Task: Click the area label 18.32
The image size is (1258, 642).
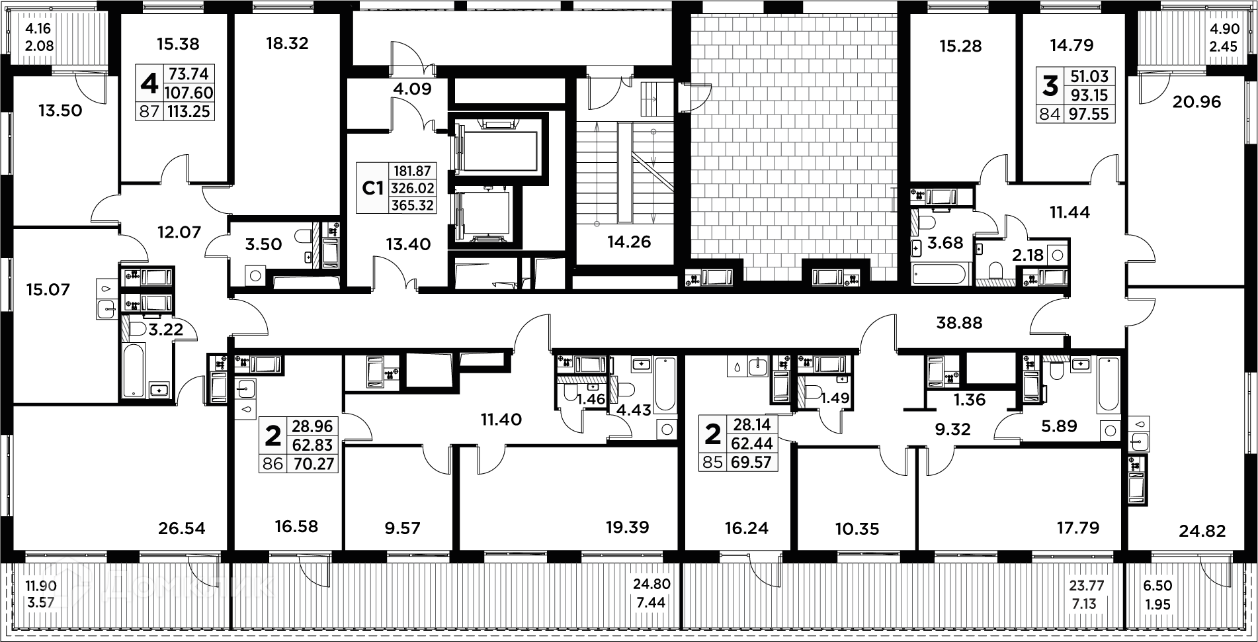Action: pyautogui.click(x=287, y=44)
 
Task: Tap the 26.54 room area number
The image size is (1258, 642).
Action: pyautogui.click(x=182, y=528)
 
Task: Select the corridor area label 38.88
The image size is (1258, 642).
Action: pyautogui.click(x=960, y=323)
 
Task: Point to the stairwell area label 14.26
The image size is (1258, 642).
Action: pyautogui.click(x=629, y=242)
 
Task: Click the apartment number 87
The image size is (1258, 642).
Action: pyautogui.click(x=149, y=111)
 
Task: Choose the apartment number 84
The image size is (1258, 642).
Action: pyautogui.click(x=1049, y=114)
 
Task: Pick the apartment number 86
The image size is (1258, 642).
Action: pyautogui.click(x=273, y=463)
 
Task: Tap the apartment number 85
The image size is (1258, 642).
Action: pyautogui.click(x=712, y=462)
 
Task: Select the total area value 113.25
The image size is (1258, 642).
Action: pyautogui.click(x=189, y=111)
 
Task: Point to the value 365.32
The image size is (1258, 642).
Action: pyautogui.click(x=413, y=205)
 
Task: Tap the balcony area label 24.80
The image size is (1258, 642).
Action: pyautogui.click(x=651, y=584)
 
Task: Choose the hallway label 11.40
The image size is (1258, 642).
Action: pyautogui.click(x=501, y=419)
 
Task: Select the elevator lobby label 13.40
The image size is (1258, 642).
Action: pyautogui.click(x=408, y=244)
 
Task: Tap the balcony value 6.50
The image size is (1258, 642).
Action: pyautogui.click(x=1157, y=586)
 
